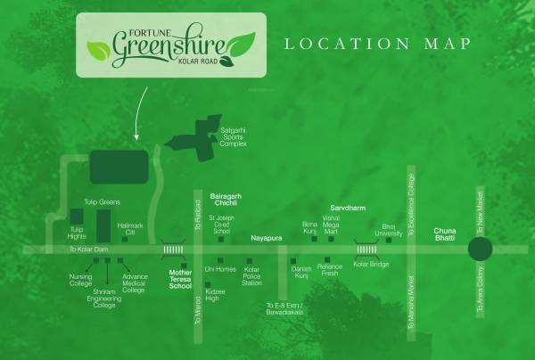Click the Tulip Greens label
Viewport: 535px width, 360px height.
pyautogui.click(x=102, y=202)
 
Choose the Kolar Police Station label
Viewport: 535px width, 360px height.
pyautogui.click(x=252, y=275)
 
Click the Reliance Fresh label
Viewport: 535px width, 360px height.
pyautogui.click(x=330, y=270)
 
